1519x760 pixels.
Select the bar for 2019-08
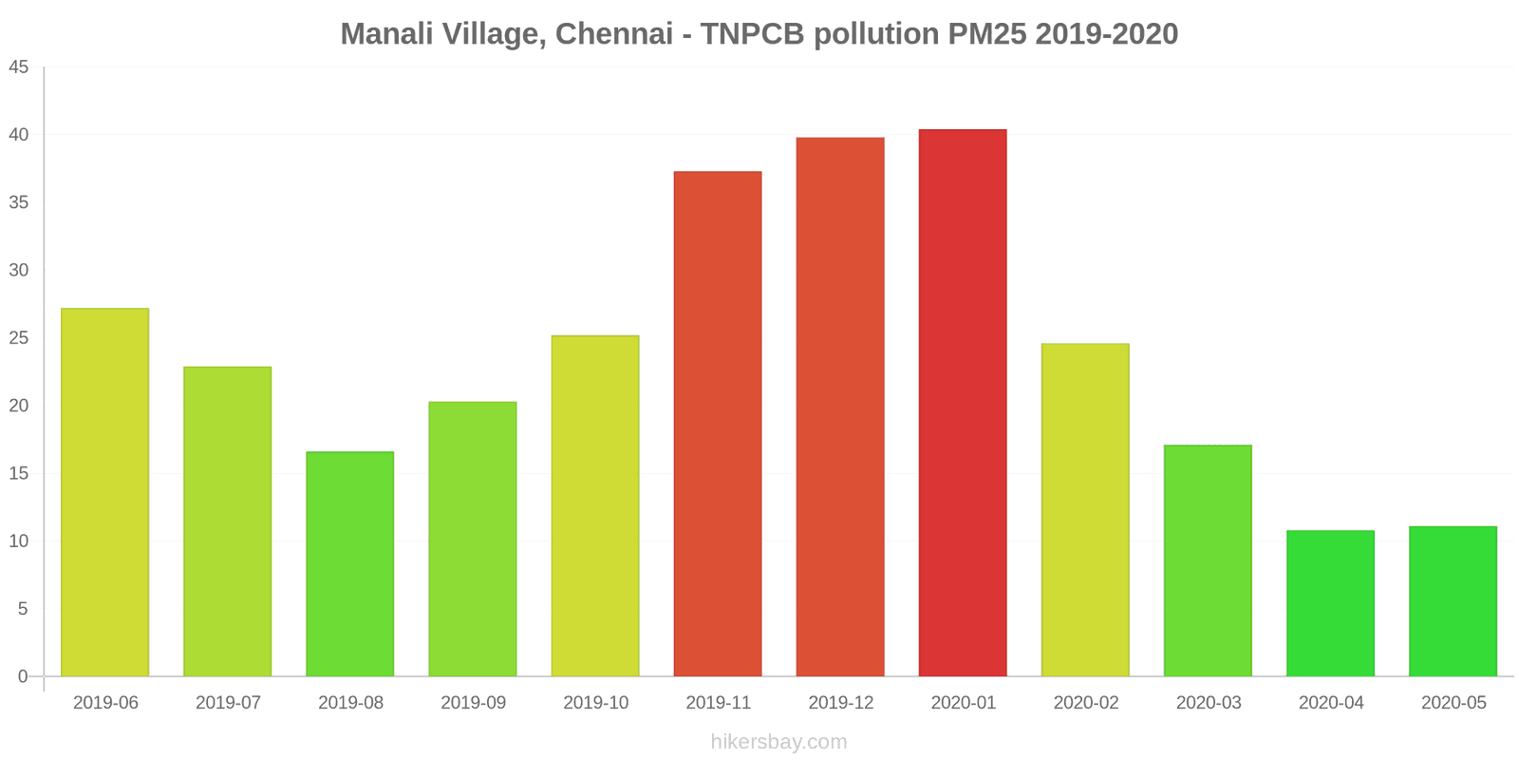pos(349,564)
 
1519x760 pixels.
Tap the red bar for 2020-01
pos(963,403)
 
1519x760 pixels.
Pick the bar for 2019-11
pos(718,424)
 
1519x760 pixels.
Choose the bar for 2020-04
pos(1330,603)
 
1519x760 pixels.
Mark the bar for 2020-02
pos(1085,510)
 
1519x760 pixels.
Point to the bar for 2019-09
pos(473,539)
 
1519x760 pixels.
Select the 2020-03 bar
pos(1208,560)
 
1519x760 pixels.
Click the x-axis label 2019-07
pos(228,703)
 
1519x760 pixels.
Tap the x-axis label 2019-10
pos(595,703)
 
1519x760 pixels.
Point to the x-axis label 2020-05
pos(1453,703)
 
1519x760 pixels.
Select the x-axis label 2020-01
pos(963,703)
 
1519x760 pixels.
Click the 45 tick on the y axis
pos(19,67)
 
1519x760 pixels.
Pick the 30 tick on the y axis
pos(19,270)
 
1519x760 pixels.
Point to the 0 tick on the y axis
pos(23,676)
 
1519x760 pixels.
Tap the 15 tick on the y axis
pos(19,473)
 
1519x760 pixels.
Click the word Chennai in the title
pos(614,34)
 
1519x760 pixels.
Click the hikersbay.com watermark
pos(778,742)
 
